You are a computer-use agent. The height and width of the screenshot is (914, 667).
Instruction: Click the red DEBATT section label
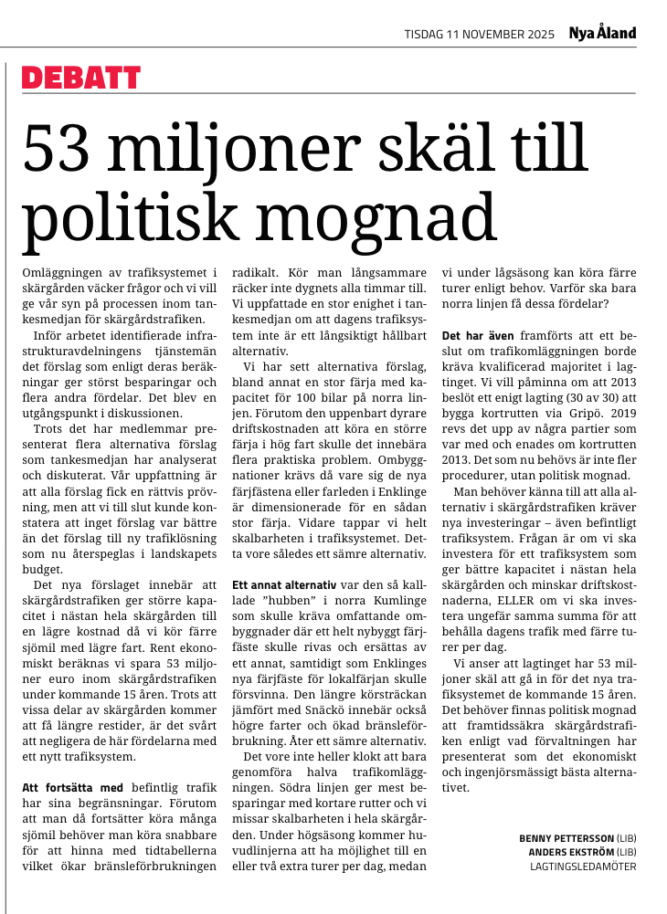coord(81,79)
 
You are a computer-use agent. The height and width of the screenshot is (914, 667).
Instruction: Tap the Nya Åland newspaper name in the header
coord(602,34)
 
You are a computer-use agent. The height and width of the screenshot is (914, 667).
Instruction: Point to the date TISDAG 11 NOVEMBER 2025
coord(479,35)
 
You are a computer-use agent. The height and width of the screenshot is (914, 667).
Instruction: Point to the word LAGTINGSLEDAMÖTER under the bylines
coord(583,867)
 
